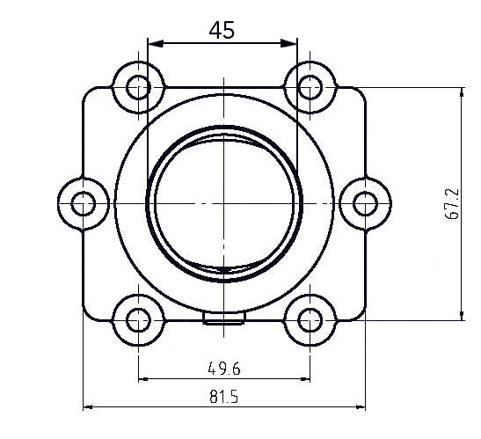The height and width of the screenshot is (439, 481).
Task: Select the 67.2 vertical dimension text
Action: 452,203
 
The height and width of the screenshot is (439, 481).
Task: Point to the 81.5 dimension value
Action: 223,396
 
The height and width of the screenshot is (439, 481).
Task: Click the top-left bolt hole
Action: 138,86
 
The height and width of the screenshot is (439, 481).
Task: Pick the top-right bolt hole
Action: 310,86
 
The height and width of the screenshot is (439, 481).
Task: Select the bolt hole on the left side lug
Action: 84,203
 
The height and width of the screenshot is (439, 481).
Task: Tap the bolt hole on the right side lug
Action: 364,203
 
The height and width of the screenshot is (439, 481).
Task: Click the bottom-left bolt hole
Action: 138,319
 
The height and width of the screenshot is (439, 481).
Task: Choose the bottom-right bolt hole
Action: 310,319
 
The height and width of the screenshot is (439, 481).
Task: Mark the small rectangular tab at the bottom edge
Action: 223,318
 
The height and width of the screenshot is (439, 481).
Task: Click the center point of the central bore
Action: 223,203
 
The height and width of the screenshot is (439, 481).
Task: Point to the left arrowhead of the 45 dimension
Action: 152,42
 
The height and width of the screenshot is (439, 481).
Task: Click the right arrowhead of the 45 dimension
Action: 292,42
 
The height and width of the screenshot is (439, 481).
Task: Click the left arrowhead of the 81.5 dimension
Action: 87,407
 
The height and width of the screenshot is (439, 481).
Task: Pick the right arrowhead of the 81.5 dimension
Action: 361,407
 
